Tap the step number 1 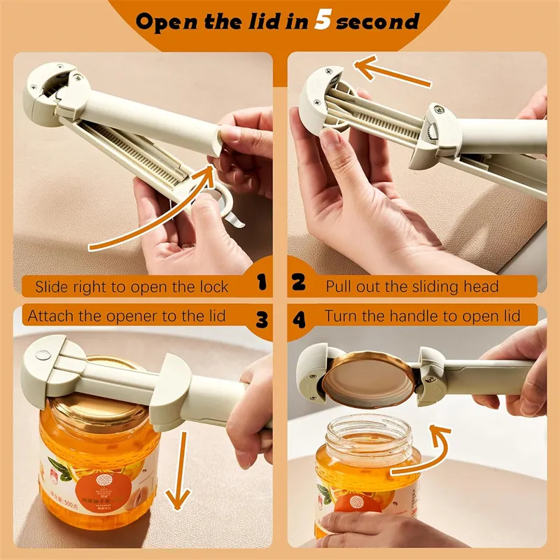pos(262,283)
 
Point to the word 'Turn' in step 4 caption pos(339,316)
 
